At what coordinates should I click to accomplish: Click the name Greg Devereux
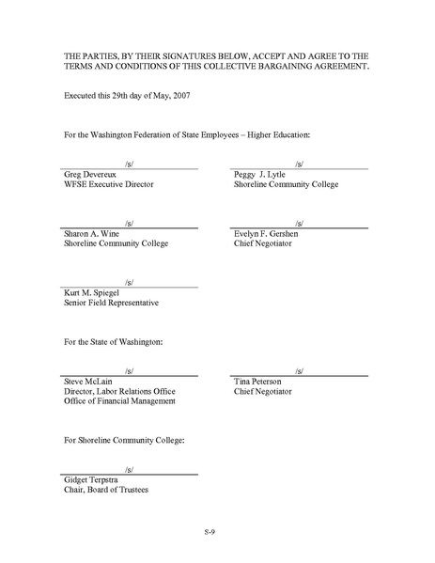click(x=88, y=175)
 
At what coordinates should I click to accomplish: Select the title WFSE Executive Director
click(x=108, y=184)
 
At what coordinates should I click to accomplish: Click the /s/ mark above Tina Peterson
click(x=300, y=370)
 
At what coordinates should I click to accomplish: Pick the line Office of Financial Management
click(x=118, y=401)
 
